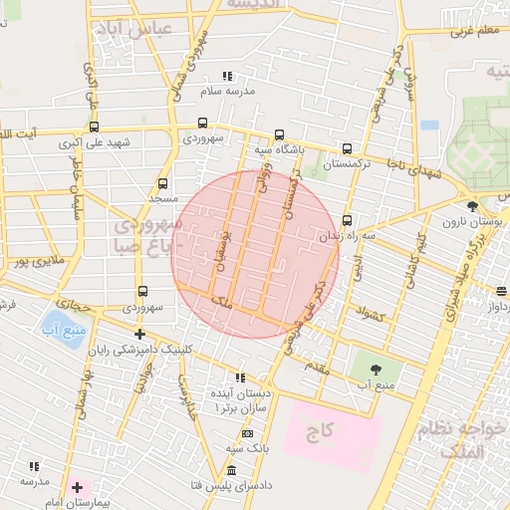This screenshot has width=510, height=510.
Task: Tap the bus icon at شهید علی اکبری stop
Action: point(94,127)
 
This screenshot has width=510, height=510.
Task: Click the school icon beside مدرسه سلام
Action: point(227,76)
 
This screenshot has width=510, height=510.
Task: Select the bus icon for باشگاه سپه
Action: point(279,135)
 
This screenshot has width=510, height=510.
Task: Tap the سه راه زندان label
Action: point(348,236)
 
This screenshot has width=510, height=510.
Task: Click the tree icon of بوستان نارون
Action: point(472,205)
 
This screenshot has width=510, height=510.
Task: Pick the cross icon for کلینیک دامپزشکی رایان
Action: point(139,335)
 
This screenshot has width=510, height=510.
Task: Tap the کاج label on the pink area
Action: point(320,431)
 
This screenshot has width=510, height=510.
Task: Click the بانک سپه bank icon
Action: point(247,434)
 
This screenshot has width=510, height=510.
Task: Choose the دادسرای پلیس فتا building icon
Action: point(232,470)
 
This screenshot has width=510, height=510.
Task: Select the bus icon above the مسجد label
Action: point(162,184)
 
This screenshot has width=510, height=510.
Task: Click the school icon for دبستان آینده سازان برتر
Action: point(239,378)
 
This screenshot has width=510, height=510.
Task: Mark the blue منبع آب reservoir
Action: point(51,325)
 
